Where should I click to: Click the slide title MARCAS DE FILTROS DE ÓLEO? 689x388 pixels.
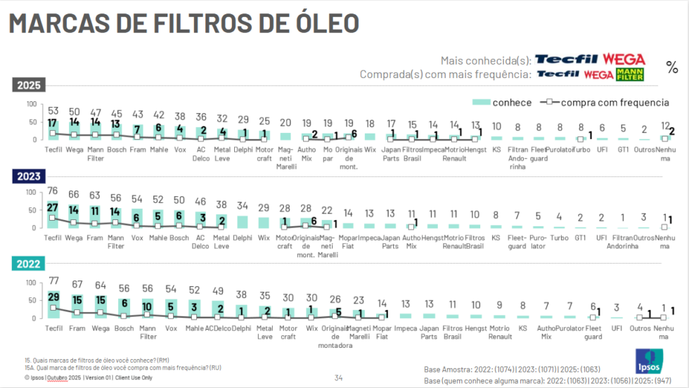tap(184, 22)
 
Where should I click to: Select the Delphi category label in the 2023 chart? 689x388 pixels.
tap(242, 238)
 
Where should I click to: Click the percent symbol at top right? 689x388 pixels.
tap(672, 68)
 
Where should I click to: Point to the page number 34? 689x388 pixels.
tap(338, 378)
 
